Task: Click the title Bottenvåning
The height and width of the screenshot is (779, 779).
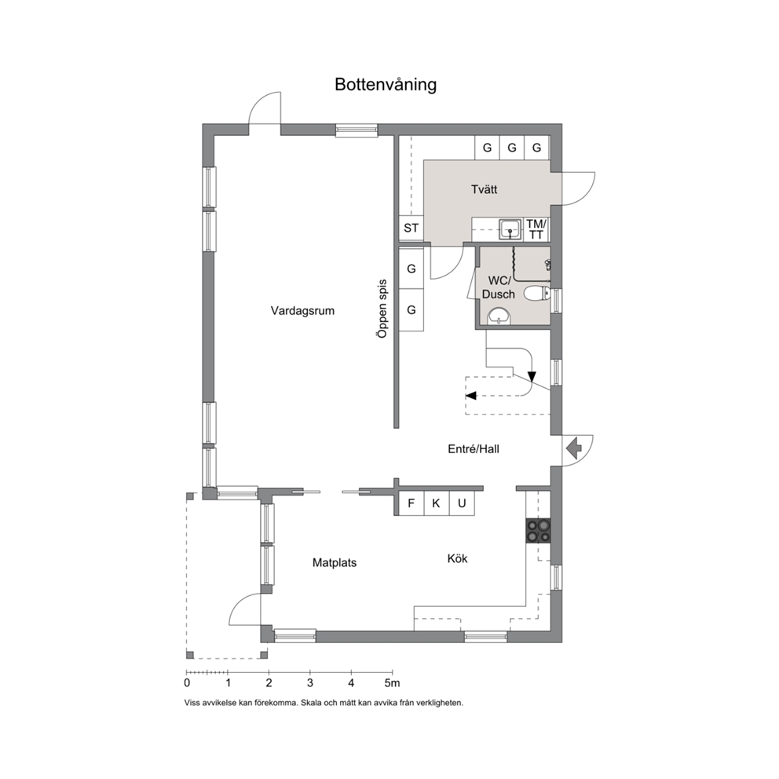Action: point(386,85)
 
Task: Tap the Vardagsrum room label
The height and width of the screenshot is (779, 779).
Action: point(302,311)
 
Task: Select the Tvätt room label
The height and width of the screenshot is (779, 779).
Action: point(484,189)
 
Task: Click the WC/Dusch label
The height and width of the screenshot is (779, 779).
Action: point(499,287)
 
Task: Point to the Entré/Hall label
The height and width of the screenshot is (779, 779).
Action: point(474,449)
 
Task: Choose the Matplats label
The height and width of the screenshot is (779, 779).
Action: point(335,563)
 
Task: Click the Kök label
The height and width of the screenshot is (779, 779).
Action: point(457,559)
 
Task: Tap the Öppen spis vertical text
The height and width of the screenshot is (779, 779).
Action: point(382,309)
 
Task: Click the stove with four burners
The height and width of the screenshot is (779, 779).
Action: point(539,531)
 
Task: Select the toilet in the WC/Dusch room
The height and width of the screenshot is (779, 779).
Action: point(537,294)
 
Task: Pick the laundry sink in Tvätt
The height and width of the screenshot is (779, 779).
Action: point(510,229)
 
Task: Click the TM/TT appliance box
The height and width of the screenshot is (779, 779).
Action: point(536,229)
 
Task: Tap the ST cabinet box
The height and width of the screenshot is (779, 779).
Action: point(411,229)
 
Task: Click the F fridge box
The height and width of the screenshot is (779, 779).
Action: point(411,503)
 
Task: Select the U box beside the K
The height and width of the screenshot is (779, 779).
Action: point(462,503)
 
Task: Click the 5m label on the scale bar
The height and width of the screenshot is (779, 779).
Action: point(392,683)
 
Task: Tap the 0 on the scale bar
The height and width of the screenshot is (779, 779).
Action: point(187,683)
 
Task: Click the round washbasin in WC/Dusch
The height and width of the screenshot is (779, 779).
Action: point(499,316)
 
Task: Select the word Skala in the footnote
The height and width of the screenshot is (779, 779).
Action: point(310,704)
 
